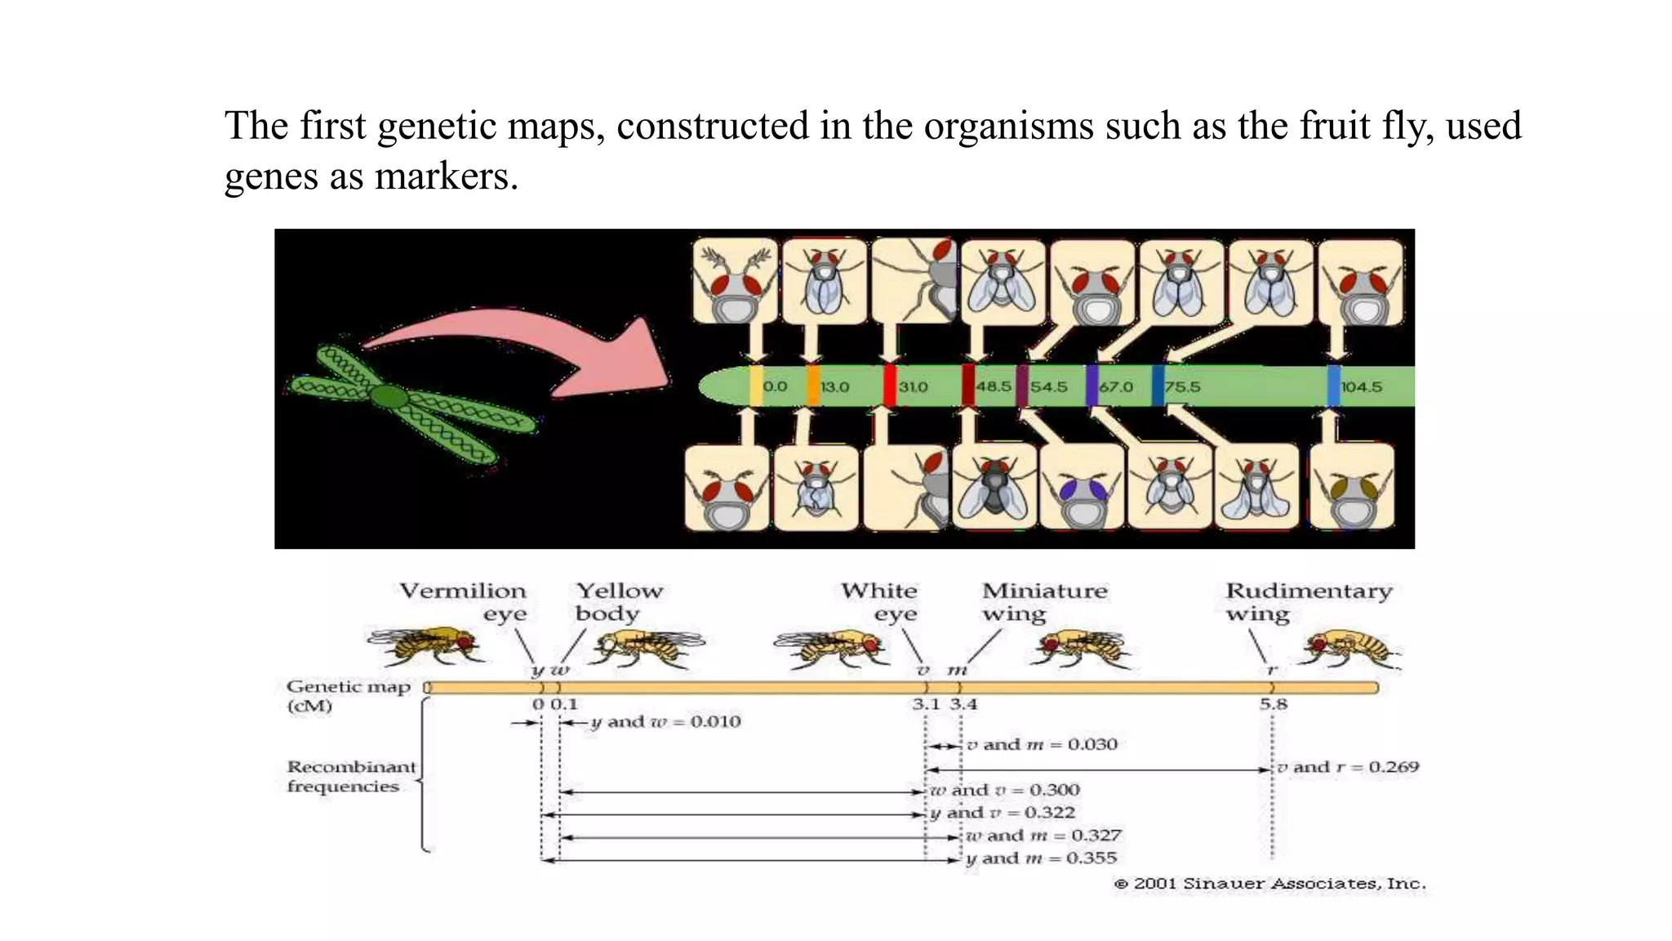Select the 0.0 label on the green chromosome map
coord(775,386)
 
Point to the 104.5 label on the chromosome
coord(1361,386)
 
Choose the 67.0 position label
coord(1116,386)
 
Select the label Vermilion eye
coord(464,602)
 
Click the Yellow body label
coord(619,602)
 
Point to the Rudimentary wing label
coord(1308,602)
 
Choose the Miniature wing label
coord(1043,602)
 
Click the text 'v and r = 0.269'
coord(1348,767)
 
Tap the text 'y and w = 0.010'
coord(665,722)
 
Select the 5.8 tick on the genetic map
coord(1273,704)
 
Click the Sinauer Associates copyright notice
coord(1270,884)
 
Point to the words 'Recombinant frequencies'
coord(351,777)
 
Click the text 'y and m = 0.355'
coord(1041,858)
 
